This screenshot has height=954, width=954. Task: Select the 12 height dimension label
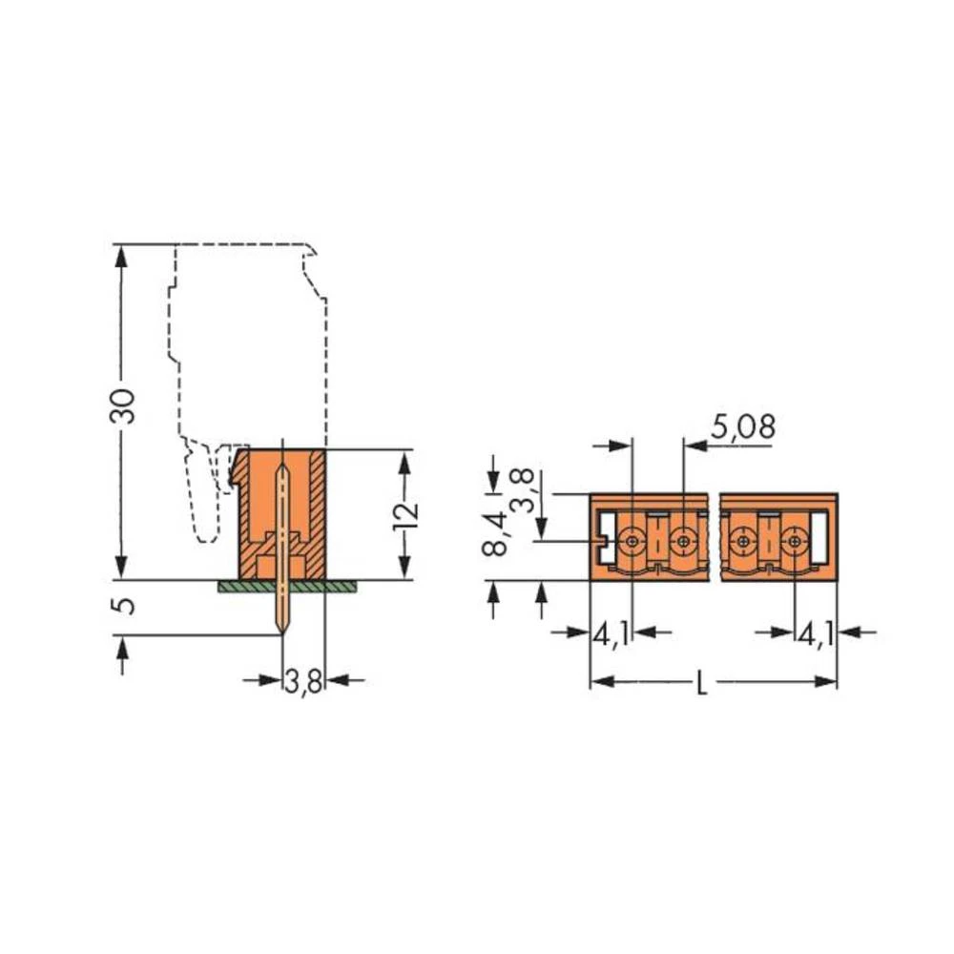(x=406, y=513)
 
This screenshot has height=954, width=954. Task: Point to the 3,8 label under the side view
(x=304, y=683)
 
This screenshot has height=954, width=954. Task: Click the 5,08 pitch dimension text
(x=742, y=427)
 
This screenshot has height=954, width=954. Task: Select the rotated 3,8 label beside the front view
(x=524, y=489)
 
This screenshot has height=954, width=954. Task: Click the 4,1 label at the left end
(x=612, y=633)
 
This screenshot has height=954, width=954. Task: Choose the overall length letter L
(x=701, y=684)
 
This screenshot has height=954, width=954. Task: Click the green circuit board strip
(x=286, y=586)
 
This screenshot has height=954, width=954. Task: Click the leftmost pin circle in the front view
(x=633, y=542)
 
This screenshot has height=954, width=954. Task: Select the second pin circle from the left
(x=682, y=542)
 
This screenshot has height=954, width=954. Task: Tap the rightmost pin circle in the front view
(x=794, y=542)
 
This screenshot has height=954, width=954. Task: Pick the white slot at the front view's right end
(x=819, y=537)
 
